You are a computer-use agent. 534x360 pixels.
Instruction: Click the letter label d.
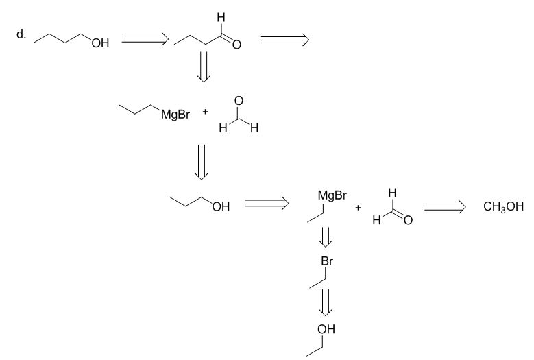coord(21,34)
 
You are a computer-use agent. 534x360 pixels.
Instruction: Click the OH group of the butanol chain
coord(100,43)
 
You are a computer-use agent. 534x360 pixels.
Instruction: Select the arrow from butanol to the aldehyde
coord(145,39)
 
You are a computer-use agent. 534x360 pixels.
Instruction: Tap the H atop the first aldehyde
coord(221,18)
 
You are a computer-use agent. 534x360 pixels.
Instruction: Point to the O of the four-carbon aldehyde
coord(236,45)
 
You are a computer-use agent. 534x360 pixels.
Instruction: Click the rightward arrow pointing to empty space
coord(284,40)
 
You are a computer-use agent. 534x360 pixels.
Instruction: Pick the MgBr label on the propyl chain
coord(175,115)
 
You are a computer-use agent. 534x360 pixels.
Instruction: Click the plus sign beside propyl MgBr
coord(205,111)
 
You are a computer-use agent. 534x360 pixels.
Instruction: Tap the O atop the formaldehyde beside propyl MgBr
coord(239,101)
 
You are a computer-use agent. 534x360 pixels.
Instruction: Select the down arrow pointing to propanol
coord(202,162)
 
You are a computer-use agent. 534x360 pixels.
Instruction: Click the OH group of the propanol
coord(221,206)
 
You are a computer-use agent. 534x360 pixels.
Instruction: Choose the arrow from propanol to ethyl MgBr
coord(267,204)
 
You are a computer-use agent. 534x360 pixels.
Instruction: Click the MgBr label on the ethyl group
coord(332,195)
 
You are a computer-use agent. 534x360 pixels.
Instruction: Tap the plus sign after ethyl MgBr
coord(358,207)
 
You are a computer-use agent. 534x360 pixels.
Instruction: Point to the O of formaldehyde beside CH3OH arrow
coord(408,220)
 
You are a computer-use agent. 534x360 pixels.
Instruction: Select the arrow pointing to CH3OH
coord(444,206)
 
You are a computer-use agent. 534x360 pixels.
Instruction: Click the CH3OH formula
coord(503,206)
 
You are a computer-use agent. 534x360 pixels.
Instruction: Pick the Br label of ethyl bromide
coord(327,261)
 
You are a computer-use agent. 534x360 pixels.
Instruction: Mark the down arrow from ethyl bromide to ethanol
coord(325,302)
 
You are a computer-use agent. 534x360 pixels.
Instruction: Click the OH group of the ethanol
coord(326,329)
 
